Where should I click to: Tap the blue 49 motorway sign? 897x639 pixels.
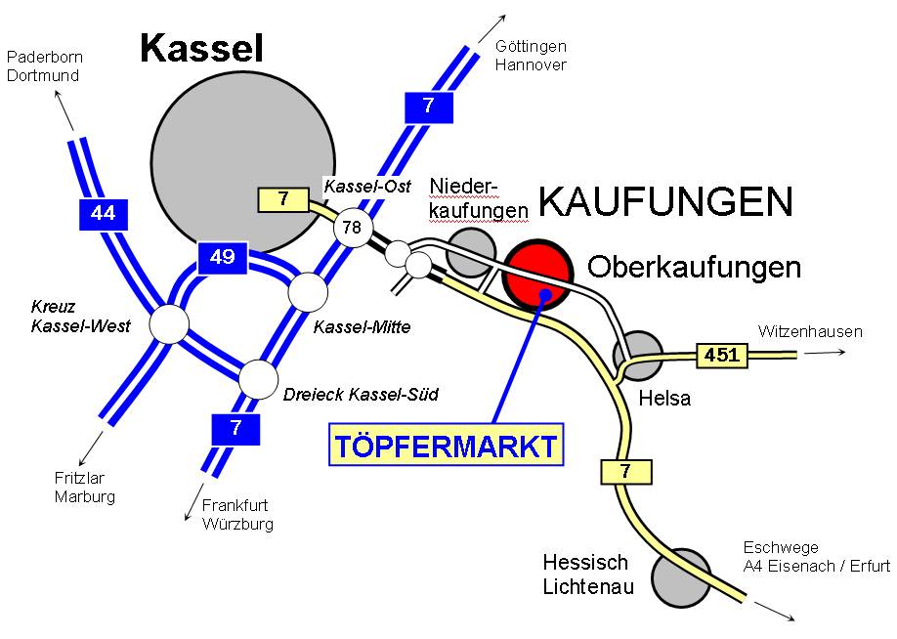pyautogui.click(x=223, y=257)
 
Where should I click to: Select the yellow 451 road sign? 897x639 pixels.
pyautogui.click(x=721, y=356)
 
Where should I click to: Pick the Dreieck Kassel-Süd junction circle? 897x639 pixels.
pyautogui.click(x=259, y=379)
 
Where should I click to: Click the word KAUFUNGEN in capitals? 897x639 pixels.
pyautogui.click(x=664, y=202)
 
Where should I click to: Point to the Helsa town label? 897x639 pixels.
pyautogui.click(x=663, y=399)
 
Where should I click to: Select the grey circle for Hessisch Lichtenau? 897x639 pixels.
pyautogui.click(x=682, y=577)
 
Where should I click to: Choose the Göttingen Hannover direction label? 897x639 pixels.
pyautogui.click(x=531, y=56)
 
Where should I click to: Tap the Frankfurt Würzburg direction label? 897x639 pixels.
pyautogui.click(x=237, y=515)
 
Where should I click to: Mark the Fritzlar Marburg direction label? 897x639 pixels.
pyautogui.click(x=85, y=488)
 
